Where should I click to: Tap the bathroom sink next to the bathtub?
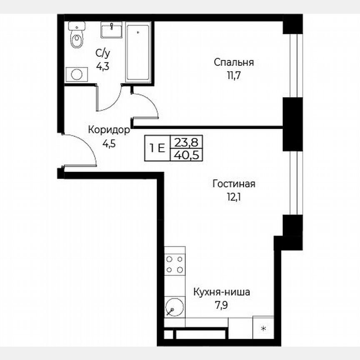click(111, 30)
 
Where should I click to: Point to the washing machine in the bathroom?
click(77, 74)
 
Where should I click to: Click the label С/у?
click(102, 53)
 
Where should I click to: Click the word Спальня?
click(234, 62)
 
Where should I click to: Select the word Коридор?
click(109, 130)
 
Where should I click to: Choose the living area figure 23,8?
click(186, 142)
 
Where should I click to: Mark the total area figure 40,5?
click(186, 155)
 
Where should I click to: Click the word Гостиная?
click(233, 184)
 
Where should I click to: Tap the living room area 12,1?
click(233, 197)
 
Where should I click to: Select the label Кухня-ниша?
click(221, 292)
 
